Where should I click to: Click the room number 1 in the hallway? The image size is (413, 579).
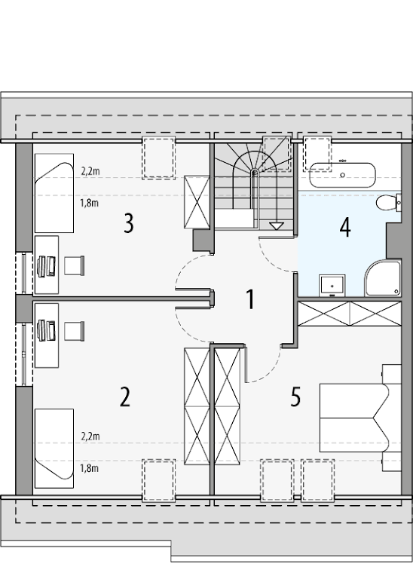[x=251, y=299]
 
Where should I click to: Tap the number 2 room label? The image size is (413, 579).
[x=125, y=397]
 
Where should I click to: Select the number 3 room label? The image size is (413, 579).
[x=128, y=223]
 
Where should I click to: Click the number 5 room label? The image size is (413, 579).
[x=295, y=397]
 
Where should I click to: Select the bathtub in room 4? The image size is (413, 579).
[x=342, y=176]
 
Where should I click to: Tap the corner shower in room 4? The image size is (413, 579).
[x=383, y=278]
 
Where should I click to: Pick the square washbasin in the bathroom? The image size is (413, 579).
[x=332, y=286]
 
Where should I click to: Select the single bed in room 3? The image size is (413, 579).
[x=54, y=193]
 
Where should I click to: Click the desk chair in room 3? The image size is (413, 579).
[x=75, y=265]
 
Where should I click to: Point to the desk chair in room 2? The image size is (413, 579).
[x=75, y=331]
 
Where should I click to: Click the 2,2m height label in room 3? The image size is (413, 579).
[x=90, y=171]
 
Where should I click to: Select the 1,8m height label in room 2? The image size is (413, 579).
[x=90, y=468]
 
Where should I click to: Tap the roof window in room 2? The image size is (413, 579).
[x=159, y=480]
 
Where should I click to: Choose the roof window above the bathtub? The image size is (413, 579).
[x=317, y=154]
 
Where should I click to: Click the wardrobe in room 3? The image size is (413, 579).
[x=197, y=202]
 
